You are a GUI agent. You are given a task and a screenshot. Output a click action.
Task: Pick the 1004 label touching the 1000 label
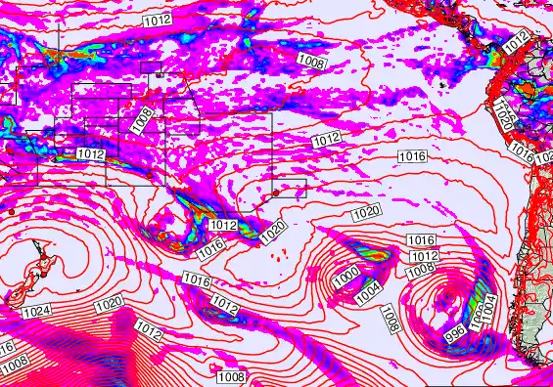[x=367, y=290]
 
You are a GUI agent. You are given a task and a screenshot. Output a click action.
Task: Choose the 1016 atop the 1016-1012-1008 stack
[x=421, y=240]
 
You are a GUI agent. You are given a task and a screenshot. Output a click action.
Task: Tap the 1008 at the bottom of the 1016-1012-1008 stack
[x=421, y=269]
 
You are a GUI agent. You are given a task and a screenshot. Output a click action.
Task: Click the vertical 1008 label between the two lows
[x=391, y=317]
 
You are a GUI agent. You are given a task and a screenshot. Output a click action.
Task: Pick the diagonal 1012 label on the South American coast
[x=516, y=43]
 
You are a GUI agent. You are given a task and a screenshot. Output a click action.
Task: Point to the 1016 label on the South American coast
[x=522, y=155]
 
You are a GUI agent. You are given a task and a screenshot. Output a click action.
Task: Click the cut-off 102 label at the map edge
[x=545, y=158]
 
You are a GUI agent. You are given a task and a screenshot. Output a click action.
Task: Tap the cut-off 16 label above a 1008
[x=6, y=346]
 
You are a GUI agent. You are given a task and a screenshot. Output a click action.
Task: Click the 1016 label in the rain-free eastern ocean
[x=412, y=156]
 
